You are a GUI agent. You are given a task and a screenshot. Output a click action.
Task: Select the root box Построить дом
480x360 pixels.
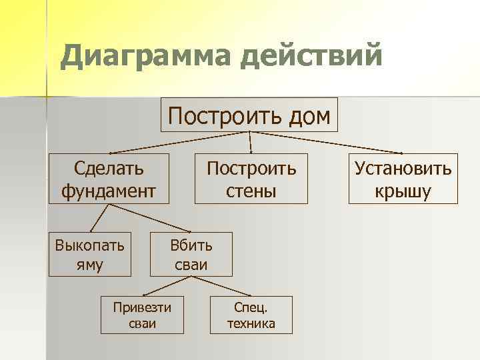pos(249,115)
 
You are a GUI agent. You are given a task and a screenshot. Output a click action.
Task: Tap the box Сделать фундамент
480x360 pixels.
pos(109,179)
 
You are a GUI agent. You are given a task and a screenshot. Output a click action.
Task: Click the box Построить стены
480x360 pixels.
pos(251,179)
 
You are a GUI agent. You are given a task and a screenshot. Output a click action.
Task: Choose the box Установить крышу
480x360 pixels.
pos(403,179)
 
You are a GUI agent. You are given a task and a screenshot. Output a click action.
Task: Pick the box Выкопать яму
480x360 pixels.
pos(89,254)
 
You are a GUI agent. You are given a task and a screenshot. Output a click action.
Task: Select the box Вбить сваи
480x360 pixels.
pos(191,254)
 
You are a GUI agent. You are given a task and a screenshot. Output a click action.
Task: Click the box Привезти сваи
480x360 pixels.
pos(141,315)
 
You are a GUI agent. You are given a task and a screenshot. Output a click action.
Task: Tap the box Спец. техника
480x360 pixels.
pos(251,315)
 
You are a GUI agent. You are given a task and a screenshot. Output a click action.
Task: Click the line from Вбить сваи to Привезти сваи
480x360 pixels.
pos(167,285)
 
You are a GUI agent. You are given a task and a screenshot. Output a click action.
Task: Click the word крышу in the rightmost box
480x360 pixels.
pos(403,192)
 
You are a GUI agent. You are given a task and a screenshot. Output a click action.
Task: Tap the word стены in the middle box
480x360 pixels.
pos(251,192)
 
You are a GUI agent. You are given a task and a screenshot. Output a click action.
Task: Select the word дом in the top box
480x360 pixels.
pos(307,116)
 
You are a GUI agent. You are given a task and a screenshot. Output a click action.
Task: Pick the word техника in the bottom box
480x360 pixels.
pos(251,324)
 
